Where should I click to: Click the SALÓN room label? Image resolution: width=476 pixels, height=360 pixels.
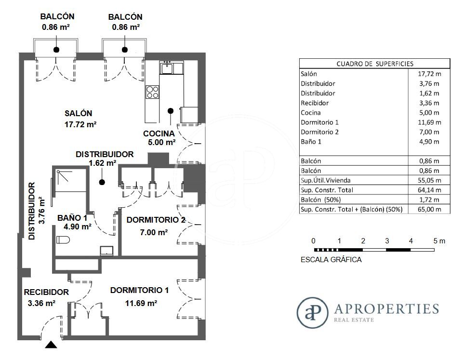(79, 114)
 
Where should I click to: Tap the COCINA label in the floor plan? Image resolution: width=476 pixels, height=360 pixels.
(159, 133)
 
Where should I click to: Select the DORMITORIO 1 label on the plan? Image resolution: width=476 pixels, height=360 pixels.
(139, 291)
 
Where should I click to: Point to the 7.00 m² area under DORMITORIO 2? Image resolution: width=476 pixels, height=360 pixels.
(154, 232)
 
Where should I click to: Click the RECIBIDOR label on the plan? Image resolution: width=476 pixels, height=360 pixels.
(46, 293)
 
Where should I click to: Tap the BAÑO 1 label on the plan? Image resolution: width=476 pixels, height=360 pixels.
(72, 218)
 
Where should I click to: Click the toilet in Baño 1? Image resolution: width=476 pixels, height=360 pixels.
(63, 240)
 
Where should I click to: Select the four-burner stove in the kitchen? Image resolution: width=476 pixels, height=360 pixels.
(152, 92)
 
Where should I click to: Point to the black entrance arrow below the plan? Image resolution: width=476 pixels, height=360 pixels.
(51, 345)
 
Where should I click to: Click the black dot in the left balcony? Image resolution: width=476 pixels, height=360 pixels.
(56, 50)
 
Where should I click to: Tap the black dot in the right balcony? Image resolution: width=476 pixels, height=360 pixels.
(124, 50)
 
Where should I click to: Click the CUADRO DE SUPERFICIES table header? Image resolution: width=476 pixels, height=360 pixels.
(375, 64)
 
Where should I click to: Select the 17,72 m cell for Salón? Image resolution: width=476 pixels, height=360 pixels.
(429, 74)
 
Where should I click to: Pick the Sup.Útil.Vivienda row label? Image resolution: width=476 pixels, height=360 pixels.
(325, 180)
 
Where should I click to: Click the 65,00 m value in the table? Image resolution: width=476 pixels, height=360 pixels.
(429, 209)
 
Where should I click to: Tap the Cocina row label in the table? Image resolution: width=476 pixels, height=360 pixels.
(311, 113)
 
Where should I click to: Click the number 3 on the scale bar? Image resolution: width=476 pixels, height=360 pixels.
(387, 241)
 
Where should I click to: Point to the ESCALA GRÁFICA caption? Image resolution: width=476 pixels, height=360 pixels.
(331, 260)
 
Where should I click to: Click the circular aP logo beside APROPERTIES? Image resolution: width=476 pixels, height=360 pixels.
(312, 313)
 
